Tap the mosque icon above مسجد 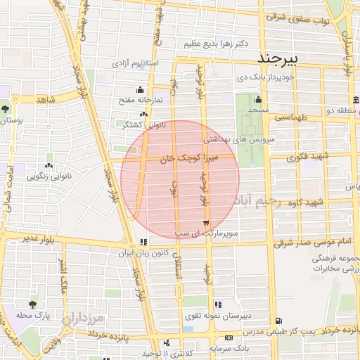click(x=259, y=99)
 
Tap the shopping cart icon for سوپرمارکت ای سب click(x=205, y=224)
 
